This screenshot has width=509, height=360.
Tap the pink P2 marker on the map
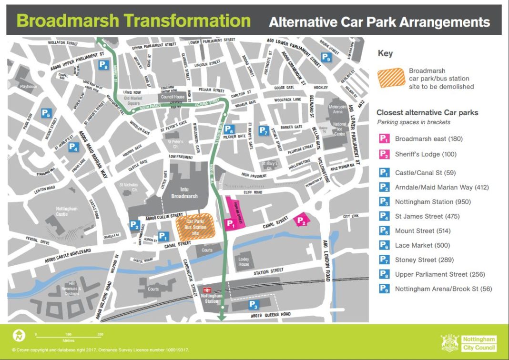click(301, 220)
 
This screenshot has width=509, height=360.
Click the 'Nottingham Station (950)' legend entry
click(432, 202)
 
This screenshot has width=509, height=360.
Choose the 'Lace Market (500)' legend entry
click(422, 245)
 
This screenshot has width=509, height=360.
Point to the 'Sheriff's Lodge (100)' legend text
click(426, 154)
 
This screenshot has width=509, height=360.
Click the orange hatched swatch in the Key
click(391, 79)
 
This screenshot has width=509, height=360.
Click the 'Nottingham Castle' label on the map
click(54, 211)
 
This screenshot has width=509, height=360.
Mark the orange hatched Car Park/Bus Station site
click(195, 226)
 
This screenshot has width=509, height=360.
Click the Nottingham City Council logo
click(469, 342)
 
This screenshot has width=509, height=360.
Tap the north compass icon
click(20, 335)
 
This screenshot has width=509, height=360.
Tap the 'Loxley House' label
click(244, 261)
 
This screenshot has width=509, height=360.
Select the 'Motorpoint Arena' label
click(338, 109)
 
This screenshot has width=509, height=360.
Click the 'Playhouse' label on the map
click(28, 87)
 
